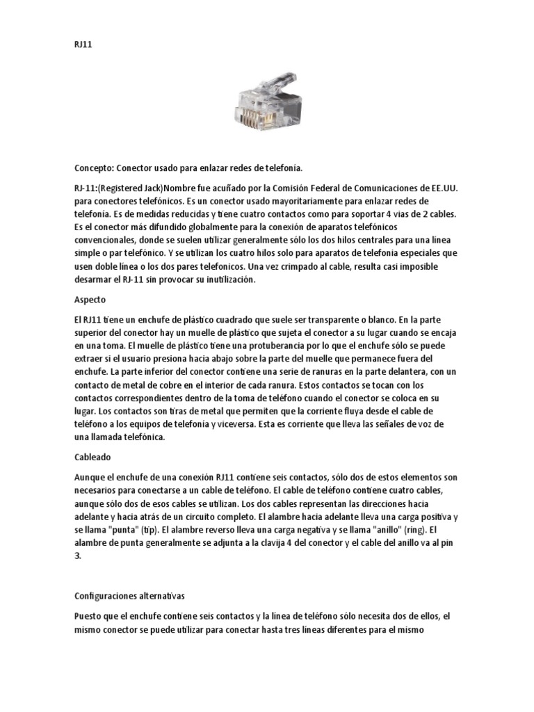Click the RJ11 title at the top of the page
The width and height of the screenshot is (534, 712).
point(83,44)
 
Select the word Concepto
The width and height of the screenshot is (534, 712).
point(92,168)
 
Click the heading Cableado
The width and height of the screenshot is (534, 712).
point(93,458)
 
